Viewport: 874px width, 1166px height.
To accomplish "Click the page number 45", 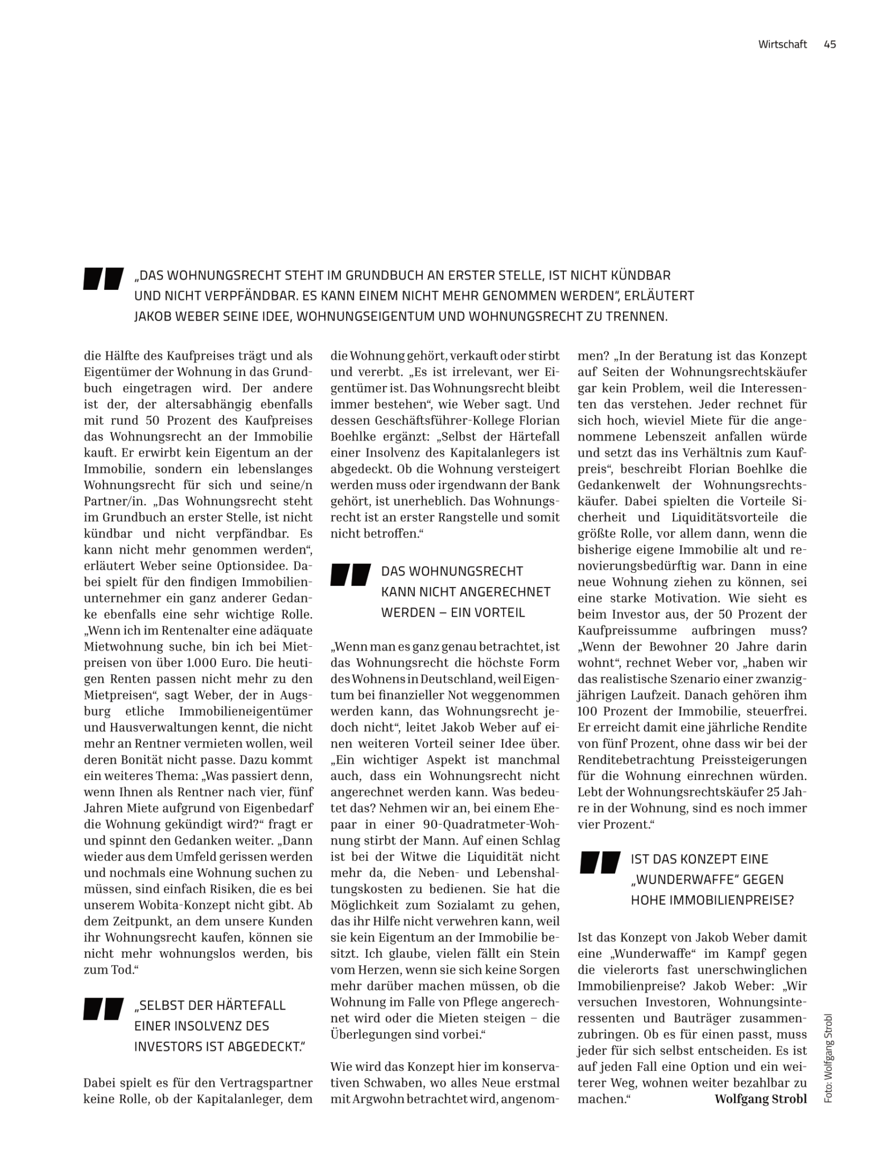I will (x=829, y=44).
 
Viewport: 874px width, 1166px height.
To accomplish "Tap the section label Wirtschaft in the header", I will (x=782, y=44).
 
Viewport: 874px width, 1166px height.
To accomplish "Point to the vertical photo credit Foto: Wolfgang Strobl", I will (x=828, y=1058).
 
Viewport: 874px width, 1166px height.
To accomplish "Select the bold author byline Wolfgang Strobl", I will (x=760, y=1099).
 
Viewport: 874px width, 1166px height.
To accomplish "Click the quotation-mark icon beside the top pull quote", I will (x=104, y=278).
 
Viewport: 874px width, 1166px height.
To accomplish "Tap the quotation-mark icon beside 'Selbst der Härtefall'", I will (x=104, y=1009).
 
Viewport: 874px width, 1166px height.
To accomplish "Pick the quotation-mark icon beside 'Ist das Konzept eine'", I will (x=600, y=863).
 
